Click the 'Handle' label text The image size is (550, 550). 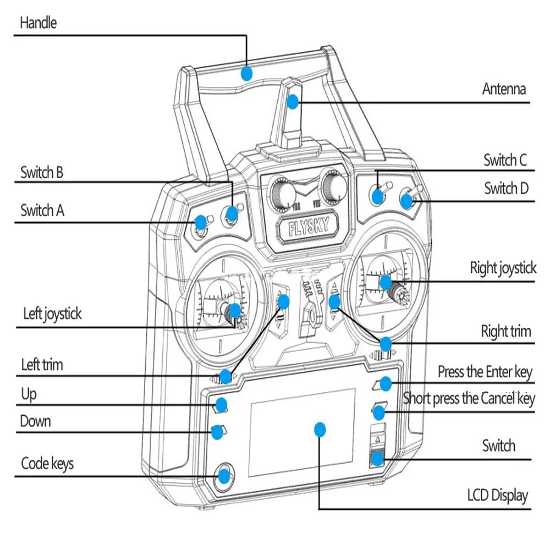point(38,23)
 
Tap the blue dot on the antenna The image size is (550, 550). point(293,101)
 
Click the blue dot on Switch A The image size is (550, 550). point(201,223)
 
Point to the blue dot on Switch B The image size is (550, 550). point(232,213)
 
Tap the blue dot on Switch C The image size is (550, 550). point(377,195)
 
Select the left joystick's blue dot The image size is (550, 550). point(234,312)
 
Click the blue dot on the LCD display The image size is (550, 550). point(320,429)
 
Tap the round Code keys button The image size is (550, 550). point(223,475)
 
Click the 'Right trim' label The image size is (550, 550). point(505,332)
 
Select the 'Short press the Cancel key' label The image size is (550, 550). point(469,398)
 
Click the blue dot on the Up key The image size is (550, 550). point(221,405)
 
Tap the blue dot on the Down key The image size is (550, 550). point(218,432)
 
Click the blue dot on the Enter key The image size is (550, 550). point(386,383)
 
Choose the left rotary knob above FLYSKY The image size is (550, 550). point(282,193)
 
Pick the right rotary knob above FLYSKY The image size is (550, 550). point(333,186)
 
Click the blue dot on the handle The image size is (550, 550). point(246,73)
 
